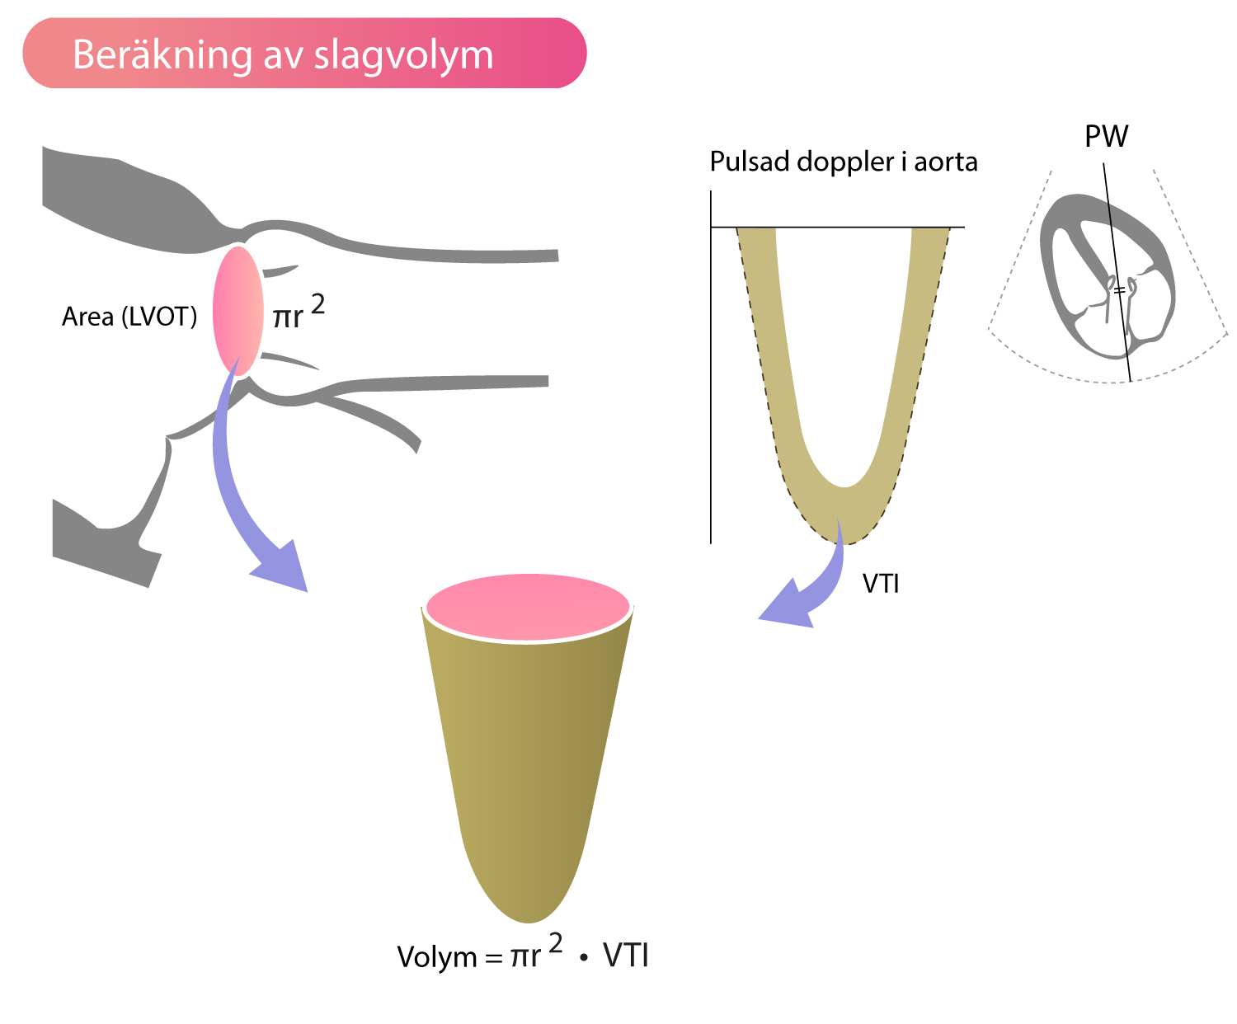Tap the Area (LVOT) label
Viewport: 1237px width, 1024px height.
[129, 317]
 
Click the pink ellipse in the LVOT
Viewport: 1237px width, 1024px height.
[238, 311]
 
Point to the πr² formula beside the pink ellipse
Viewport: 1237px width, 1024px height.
[299, 312]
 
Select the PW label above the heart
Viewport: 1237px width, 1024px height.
[1106, 136]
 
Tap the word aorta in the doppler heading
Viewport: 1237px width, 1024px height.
[946, 162]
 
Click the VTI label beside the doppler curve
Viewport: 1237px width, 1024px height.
[881, 584]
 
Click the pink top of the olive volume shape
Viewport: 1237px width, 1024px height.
[528, 608]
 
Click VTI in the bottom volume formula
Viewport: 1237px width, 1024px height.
[626, 956]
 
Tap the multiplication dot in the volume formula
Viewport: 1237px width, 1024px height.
[584, 958]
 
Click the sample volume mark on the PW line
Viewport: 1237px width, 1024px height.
[1118, 290]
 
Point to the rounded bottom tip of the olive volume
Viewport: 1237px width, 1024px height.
[529, 921]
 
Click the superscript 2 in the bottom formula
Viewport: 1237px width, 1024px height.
[555, 943]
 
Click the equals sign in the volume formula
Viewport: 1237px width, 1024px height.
[493, 958]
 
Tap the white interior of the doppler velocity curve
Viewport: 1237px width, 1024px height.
[844, 355]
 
